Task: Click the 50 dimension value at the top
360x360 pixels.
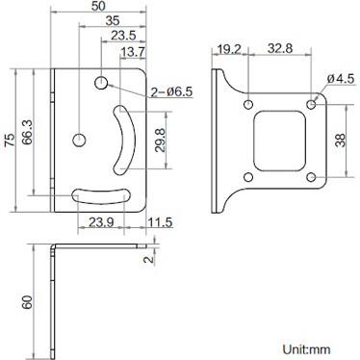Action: [98, 6]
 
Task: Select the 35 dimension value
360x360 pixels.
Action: [113, 21]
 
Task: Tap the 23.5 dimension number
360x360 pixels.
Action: [123, 36]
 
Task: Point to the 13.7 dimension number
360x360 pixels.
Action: [133, 52]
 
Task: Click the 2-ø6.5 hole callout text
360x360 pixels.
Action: [172, 92]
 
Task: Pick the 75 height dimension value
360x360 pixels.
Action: [10, 140]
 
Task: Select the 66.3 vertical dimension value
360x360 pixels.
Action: [27, 132]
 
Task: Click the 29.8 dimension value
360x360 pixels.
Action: [160, 140]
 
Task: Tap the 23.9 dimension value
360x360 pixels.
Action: [101, 221]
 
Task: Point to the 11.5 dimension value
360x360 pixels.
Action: [160, 222]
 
